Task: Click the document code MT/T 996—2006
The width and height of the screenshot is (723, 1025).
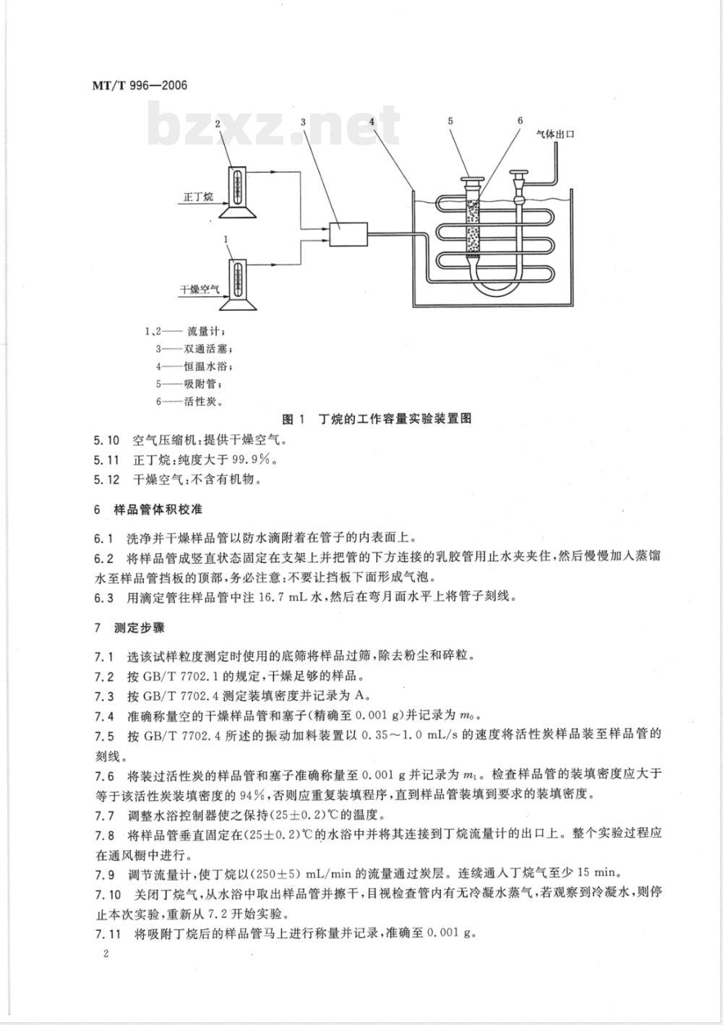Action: click(x=140, y=85)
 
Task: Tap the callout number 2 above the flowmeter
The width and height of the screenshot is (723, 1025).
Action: click(x=218, y=124)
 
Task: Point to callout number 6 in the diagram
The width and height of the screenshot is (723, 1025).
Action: click(x=521, y=120)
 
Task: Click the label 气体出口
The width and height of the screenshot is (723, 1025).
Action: click(x=555, y=134)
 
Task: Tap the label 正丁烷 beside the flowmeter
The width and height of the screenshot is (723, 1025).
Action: click(x=198, y=197)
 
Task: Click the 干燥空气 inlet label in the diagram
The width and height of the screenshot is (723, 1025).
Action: click(x=200, y=290)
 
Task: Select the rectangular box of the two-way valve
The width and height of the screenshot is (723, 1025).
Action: click(x=348, y=234)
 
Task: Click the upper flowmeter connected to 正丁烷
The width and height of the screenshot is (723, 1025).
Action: click(x=236, y=192)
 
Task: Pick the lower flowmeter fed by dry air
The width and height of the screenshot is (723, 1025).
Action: click(x=236, y=284)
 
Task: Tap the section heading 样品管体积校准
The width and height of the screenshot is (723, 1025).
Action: click(x=158, y=510)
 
